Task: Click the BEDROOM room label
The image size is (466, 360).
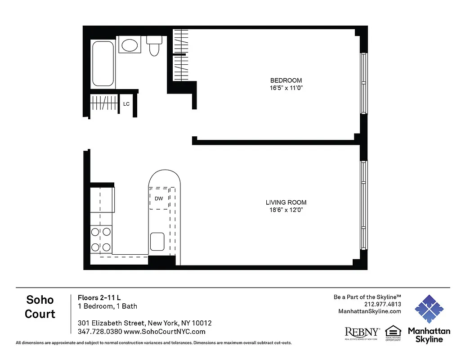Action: point(283,81)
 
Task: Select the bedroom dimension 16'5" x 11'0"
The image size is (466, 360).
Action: point(283,88)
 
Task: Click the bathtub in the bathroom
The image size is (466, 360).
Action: point(103,63)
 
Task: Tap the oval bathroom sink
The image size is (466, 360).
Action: point(130,45)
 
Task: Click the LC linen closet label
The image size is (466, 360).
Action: point(126,104)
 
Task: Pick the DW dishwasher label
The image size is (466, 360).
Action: point(158,198)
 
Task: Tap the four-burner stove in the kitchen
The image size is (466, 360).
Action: point(101,239)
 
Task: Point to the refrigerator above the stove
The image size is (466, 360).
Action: point(102,200)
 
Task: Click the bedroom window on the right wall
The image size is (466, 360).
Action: point(363,83)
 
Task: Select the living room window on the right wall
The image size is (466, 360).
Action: point(363,205)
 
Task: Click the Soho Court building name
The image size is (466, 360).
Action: point(40,307)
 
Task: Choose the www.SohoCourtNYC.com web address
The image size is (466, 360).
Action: point(165,332)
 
